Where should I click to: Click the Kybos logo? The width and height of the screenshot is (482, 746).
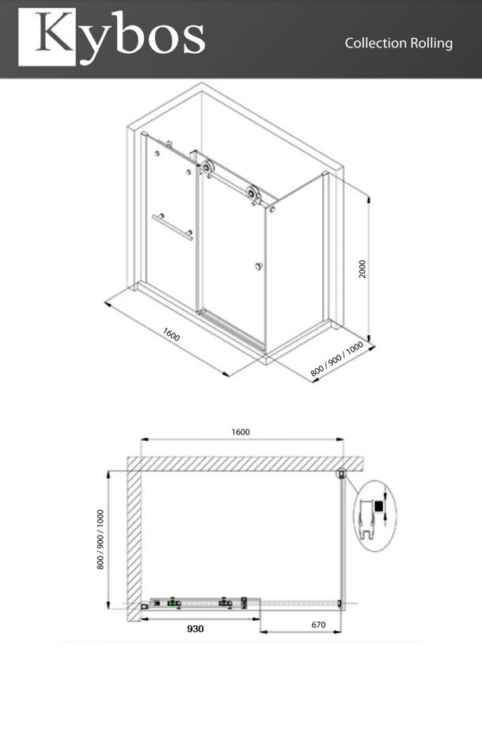pos(112,37)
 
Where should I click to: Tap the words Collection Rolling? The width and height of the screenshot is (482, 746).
pos(398,44)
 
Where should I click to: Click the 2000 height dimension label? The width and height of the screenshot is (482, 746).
pos(362,268)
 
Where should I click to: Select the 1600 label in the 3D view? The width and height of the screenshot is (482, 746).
pos(171,334)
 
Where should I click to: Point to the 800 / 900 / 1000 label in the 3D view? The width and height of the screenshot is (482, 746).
pos(337,359)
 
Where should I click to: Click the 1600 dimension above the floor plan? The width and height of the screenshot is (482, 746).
pos(241,432)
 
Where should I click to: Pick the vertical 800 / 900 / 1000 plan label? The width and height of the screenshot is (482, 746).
pos(101,539)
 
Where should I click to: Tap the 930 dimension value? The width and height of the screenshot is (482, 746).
pos(195,629)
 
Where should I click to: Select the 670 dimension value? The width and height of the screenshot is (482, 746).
pos(318,625)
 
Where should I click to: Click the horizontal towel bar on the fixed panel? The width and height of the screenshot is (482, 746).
pos(173,227)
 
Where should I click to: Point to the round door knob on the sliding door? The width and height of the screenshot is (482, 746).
pos(259,266)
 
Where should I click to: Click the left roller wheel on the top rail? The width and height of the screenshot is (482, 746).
pos(207,168)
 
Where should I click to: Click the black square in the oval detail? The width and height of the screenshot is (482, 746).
pos(378,506)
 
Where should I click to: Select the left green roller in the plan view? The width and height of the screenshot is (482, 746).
pos(173,603)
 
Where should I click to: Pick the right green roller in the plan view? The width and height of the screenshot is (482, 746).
pos(224,603)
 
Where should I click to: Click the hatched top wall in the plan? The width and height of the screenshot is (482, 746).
pos(245,464)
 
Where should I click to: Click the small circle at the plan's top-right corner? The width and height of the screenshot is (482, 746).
pos(341,474)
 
